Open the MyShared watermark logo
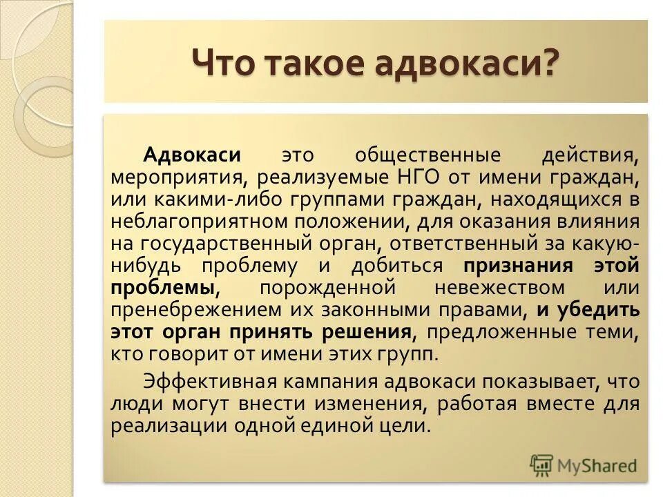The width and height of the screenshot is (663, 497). [x=584, y=465]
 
